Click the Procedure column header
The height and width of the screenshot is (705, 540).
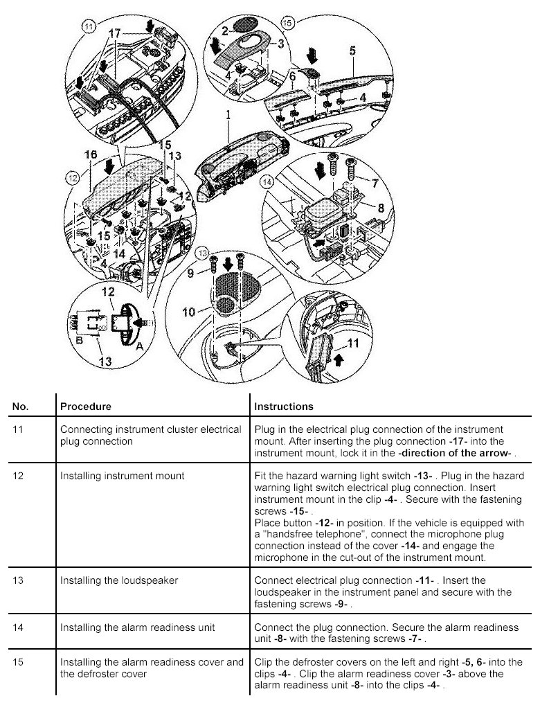(x=86, y=407)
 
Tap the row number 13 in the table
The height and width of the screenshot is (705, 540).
(x=19, y=580)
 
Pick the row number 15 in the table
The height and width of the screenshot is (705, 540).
(x=19, y=661)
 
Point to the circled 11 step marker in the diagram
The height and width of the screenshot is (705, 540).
(x=87, y=28)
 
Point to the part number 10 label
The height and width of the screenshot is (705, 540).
(x=188, y=312)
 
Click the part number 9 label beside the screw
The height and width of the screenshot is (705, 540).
(x=194, y=273)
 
